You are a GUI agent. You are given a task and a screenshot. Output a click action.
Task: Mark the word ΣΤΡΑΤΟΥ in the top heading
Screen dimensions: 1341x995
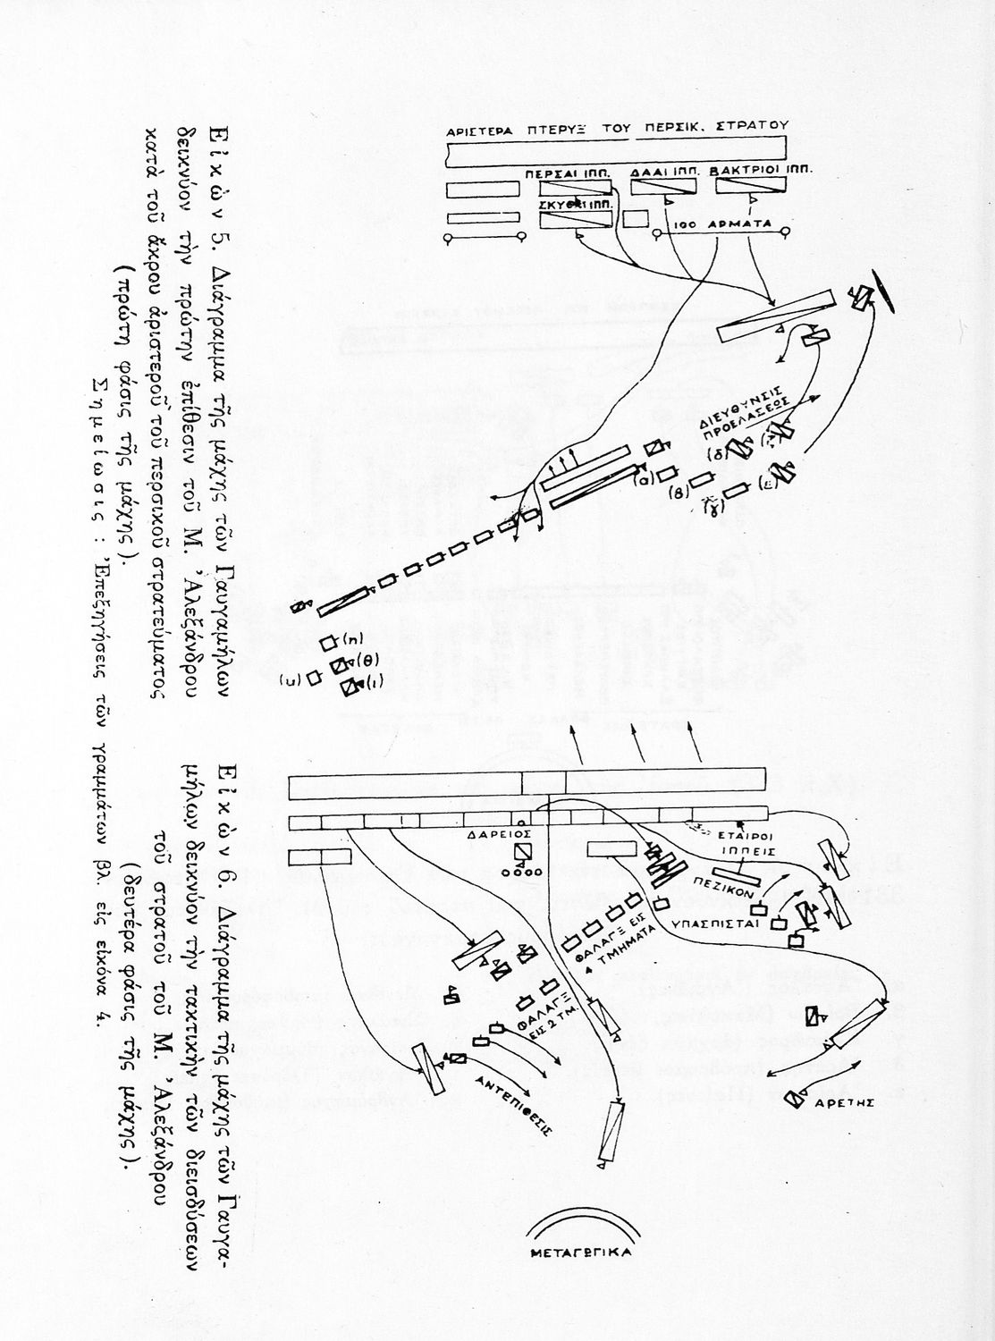point(755,126)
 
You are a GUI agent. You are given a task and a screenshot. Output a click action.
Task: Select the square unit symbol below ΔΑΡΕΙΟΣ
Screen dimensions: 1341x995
point(522,852)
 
